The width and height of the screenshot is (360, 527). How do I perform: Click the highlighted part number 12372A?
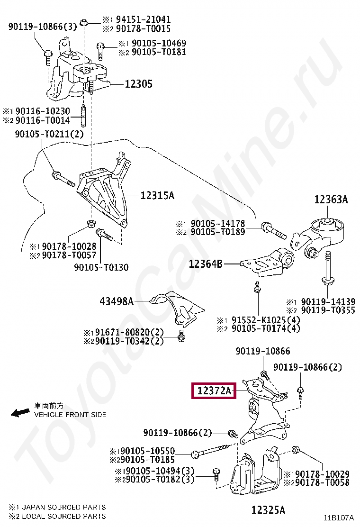tap(213, 391)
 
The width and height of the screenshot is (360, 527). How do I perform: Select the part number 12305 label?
tap(138, 84)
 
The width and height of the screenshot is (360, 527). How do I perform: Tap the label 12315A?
tap(157, 195)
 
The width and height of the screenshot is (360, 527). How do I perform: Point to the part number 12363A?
tap(331, 200)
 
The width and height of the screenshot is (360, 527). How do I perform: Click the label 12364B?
tap(206, 263)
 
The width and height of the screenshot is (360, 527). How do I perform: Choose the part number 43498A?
tap(117, 301)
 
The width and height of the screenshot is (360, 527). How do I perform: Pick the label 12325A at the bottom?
tap(268, 510)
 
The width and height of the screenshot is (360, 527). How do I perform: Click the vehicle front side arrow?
tap(20, 413)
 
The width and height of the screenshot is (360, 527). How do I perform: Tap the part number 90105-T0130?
tap(101, 267)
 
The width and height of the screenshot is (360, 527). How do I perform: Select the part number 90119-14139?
tap(328, 301)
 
